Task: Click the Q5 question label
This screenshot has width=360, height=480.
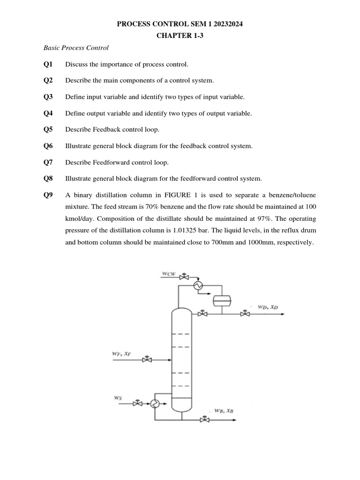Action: click(x=48, y=129)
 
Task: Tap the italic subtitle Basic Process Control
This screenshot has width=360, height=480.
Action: click(x=76, y=48)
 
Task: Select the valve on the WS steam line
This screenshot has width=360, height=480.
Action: click(x=138, y=403)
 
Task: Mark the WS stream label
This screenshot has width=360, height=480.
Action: click(x=118, y=397)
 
